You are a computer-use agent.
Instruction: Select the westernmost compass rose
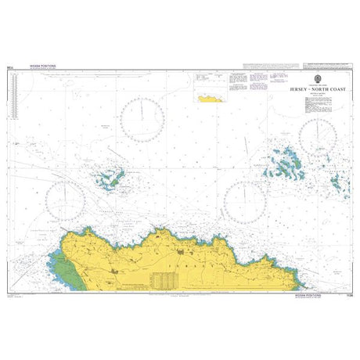click(x=67, y=197)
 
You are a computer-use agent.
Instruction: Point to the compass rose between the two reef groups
click(x=245, y=202)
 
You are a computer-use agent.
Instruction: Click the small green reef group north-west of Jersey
click(x=110, y=178)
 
